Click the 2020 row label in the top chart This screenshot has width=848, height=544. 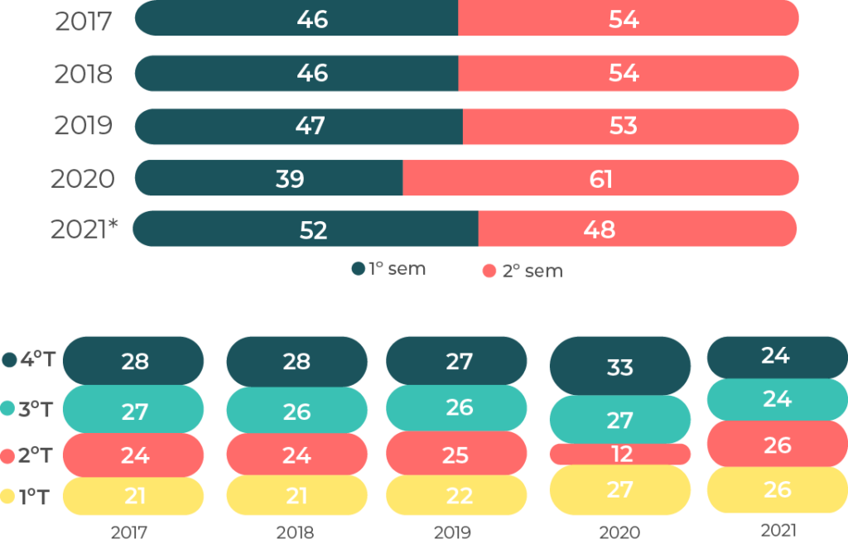(83, 179)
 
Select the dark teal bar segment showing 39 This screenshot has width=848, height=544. (269, 179)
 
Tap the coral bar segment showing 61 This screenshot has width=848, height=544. (600, 179)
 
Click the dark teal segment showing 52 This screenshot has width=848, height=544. (306, 229)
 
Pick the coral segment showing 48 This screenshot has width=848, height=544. (638, 229)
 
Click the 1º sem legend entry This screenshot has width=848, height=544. (388, 269)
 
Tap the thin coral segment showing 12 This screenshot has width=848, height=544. (620, 454)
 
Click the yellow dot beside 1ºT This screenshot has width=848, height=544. (9, 497)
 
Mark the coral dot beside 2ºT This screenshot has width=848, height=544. (9, 455)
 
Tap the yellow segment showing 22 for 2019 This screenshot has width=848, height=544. (457, 495)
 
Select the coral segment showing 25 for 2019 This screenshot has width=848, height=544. (457, 455)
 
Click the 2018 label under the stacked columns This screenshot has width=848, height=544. (296, 532)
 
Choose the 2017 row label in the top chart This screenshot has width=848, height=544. (83, 21)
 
